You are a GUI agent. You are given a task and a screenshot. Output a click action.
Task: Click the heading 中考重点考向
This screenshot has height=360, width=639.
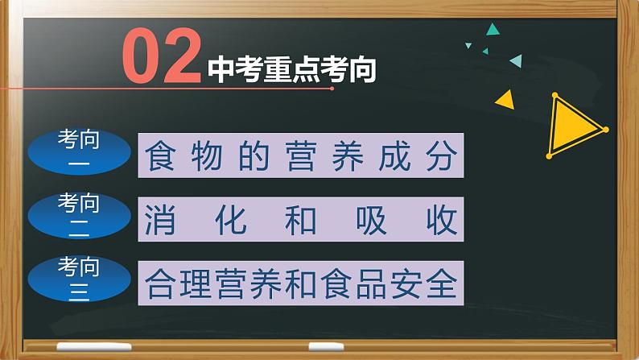coord(292,70)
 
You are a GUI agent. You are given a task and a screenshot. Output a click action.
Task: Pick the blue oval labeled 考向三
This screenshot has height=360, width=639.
coord(79,278)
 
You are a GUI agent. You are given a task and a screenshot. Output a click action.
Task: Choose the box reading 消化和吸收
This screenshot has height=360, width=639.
coord(303,218)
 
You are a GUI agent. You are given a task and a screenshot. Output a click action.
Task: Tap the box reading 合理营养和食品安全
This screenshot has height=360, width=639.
coord(303,282)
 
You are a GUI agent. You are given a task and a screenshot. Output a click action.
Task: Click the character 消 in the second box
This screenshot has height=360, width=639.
coord(162,218)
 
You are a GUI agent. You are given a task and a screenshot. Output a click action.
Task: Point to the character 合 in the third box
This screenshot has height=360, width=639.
coord(160,282)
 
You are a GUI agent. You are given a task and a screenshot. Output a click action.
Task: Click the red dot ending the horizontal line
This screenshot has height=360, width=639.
coord(332,89)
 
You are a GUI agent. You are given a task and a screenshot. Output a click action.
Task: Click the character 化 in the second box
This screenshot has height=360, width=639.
coord(231,218)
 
